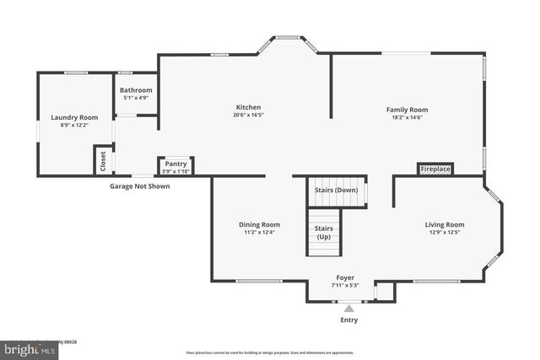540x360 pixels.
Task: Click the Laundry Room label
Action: coord(74,117)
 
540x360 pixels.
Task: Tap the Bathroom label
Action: coord(136,90)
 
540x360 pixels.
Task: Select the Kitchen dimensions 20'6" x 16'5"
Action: coord(248,116)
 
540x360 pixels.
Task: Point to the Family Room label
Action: coord(407,110)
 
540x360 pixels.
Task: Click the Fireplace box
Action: coord(435,169)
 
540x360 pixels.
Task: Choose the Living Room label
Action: coord(444,224)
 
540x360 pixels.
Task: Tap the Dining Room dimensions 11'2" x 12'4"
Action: coord(259,232)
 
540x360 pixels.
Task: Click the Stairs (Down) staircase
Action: coord(336,191)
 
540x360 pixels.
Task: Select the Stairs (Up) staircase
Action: coord(323,233)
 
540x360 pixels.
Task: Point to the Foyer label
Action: coord(345,277)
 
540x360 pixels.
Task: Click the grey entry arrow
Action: coord(348,309)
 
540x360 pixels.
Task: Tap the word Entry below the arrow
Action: coord(348,320)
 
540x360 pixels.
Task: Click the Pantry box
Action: coord(175,166)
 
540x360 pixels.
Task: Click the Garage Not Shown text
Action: coord(139,186)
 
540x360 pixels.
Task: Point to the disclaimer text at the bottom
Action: coord(270,352)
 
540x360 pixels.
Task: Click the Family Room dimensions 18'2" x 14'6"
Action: coord(407,117)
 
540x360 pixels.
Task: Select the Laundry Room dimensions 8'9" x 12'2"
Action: coord(74,125)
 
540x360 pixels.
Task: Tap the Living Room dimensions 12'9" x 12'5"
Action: coord(444,232)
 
